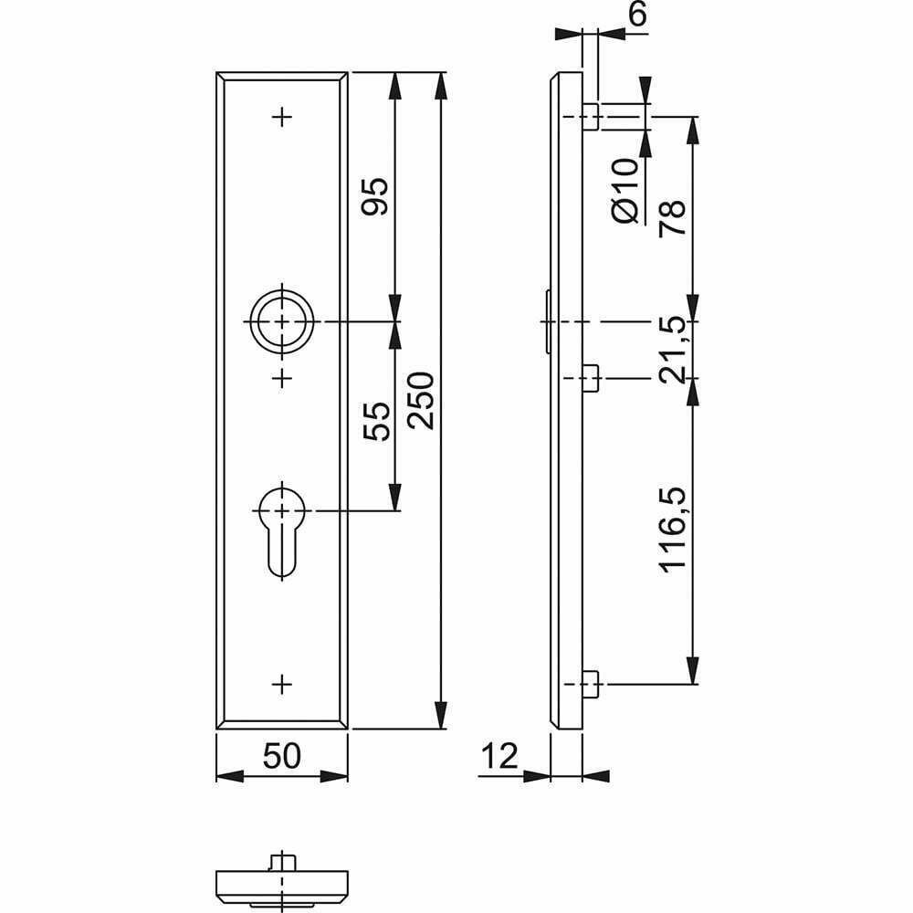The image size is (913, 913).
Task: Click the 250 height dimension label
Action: (421, 401)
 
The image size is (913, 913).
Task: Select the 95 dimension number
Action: (375, 196)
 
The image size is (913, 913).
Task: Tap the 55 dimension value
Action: (376, 421)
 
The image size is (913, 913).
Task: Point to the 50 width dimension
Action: (282, 756)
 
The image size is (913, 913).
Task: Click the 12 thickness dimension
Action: (499, 756)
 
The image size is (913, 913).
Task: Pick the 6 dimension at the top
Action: (638, 14)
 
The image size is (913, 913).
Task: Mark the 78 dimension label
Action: (673, 217)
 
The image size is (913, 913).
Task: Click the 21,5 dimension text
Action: (673, 350)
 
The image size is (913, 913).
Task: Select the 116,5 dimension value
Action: (673, 530)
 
